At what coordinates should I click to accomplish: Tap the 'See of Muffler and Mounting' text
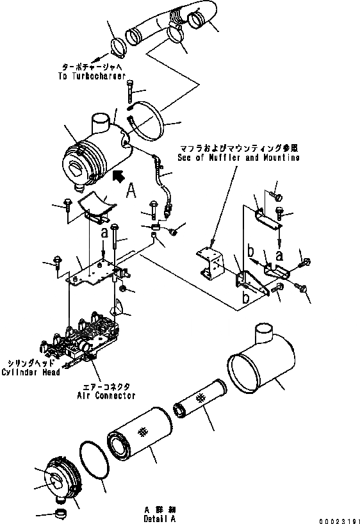236,157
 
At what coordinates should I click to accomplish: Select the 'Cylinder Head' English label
31,372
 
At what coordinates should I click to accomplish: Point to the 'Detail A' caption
160,518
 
